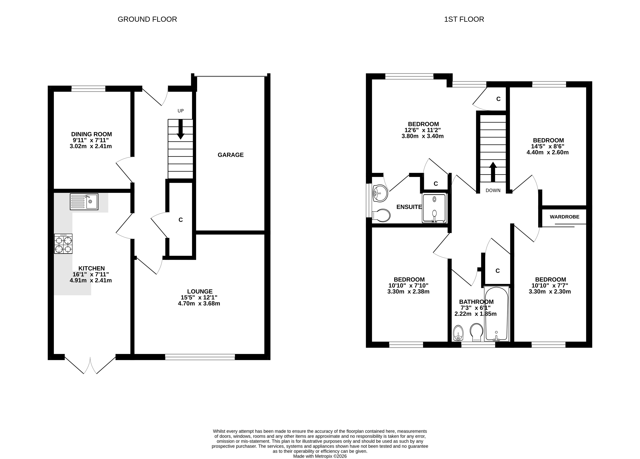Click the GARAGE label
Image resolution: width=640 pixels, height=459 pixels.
(230, 155)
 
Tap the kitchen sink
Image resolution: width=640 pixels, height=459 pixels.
(84, 201)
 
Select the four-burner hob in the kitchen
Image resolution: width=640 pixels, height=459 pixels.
(63, 244)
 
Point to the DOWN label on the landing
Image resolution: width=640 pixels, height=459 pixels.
(493, 191)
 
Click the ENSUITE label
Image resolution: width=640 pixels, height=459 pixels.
(409, 207)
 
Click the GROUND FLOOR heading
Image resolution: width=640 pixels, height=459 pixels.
(147, 19)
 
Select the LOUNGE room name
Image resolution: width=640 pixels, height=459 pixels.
(200, 291)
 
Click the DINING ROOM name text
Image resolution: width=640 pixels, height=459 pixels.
(91, 134)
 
